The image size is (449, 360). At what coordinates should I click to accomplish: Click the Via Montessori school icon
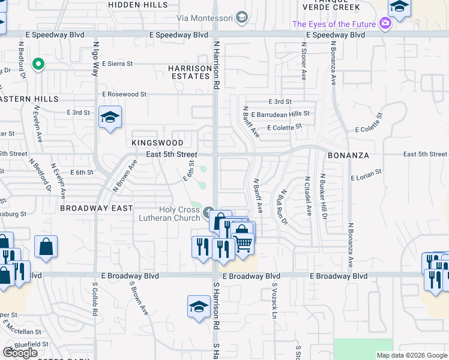(242, 17)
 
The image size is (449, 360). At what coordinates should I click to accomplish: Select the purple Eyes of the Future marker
(385, 24)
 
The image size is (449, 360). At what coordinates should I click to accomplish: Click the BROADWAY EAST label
(96, 208)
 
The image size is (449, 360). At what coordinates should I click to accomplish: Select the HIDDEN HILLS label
(138, 4)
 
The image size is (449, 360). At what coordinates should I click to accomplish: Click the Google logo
(20, 353)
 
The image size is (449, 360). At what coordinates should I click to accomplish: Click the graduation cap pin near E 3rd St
(110, 118)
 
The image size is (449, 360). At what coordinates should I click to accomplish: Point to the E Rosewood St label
(124, 94)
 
